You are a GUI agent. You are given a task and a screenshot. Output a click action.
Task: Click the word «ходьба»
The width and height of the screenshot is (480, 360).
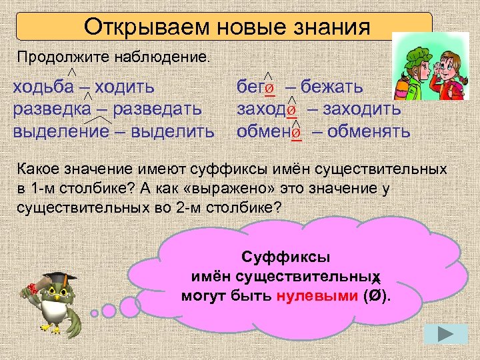tap(45, 86)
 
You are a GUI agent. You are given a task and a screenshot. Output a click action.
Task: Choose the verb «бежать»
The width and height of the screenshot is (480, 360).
tap(331, 87)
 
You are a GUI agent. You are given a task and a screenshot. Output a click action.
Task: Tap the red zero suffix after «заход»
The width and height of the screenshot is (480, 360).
tap(291, 111)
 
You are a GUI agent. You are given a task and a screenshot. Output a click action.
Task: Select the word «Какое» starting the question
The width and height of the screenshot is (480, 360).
tap(39, 173)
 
